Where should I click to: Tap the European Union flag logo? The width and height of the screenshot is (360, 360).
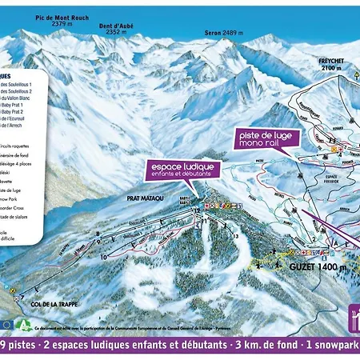[9, 325]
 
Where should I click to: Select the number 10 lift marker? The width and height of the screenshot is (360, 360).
[104, 257]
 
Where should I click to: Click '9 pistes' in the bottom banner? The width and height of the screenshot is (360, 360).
[19, 346]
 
